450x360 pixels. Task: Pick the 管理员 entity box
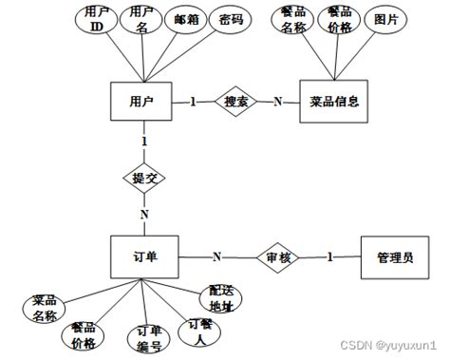coord(394,256)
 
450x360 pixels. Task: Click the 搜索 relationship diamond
coord(234,102)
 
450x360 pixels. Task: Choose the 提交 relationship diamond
coord(143,177)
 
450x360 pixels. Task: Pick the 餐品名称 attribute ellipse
coord(292,21)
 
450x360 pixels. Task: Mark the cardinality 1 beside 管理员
coord(331,256)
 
